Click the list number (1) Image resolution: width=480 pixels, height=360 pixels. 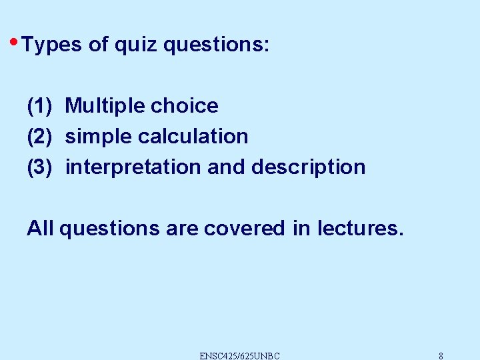39,105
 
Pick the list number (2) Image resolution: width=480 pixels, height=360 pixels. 39,136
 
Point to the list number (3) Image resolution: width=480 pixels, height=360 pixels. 39,167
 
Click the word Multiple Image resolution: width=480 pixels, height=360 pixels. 105,105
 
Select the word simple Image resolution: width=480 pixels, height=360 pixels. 99,136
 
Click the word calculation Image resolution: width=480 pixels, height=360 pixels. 193,136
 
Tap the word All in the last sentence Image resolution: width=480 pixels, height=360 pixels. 40,228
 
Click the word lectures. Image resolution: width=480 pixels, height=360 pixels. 360,228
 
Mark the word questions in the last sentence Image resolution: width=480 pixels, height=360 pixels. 110,229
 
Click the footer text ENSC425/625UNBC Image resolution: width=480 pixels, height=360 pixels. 239,355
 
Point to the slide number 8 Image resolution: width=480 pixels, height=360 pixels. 441,355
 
